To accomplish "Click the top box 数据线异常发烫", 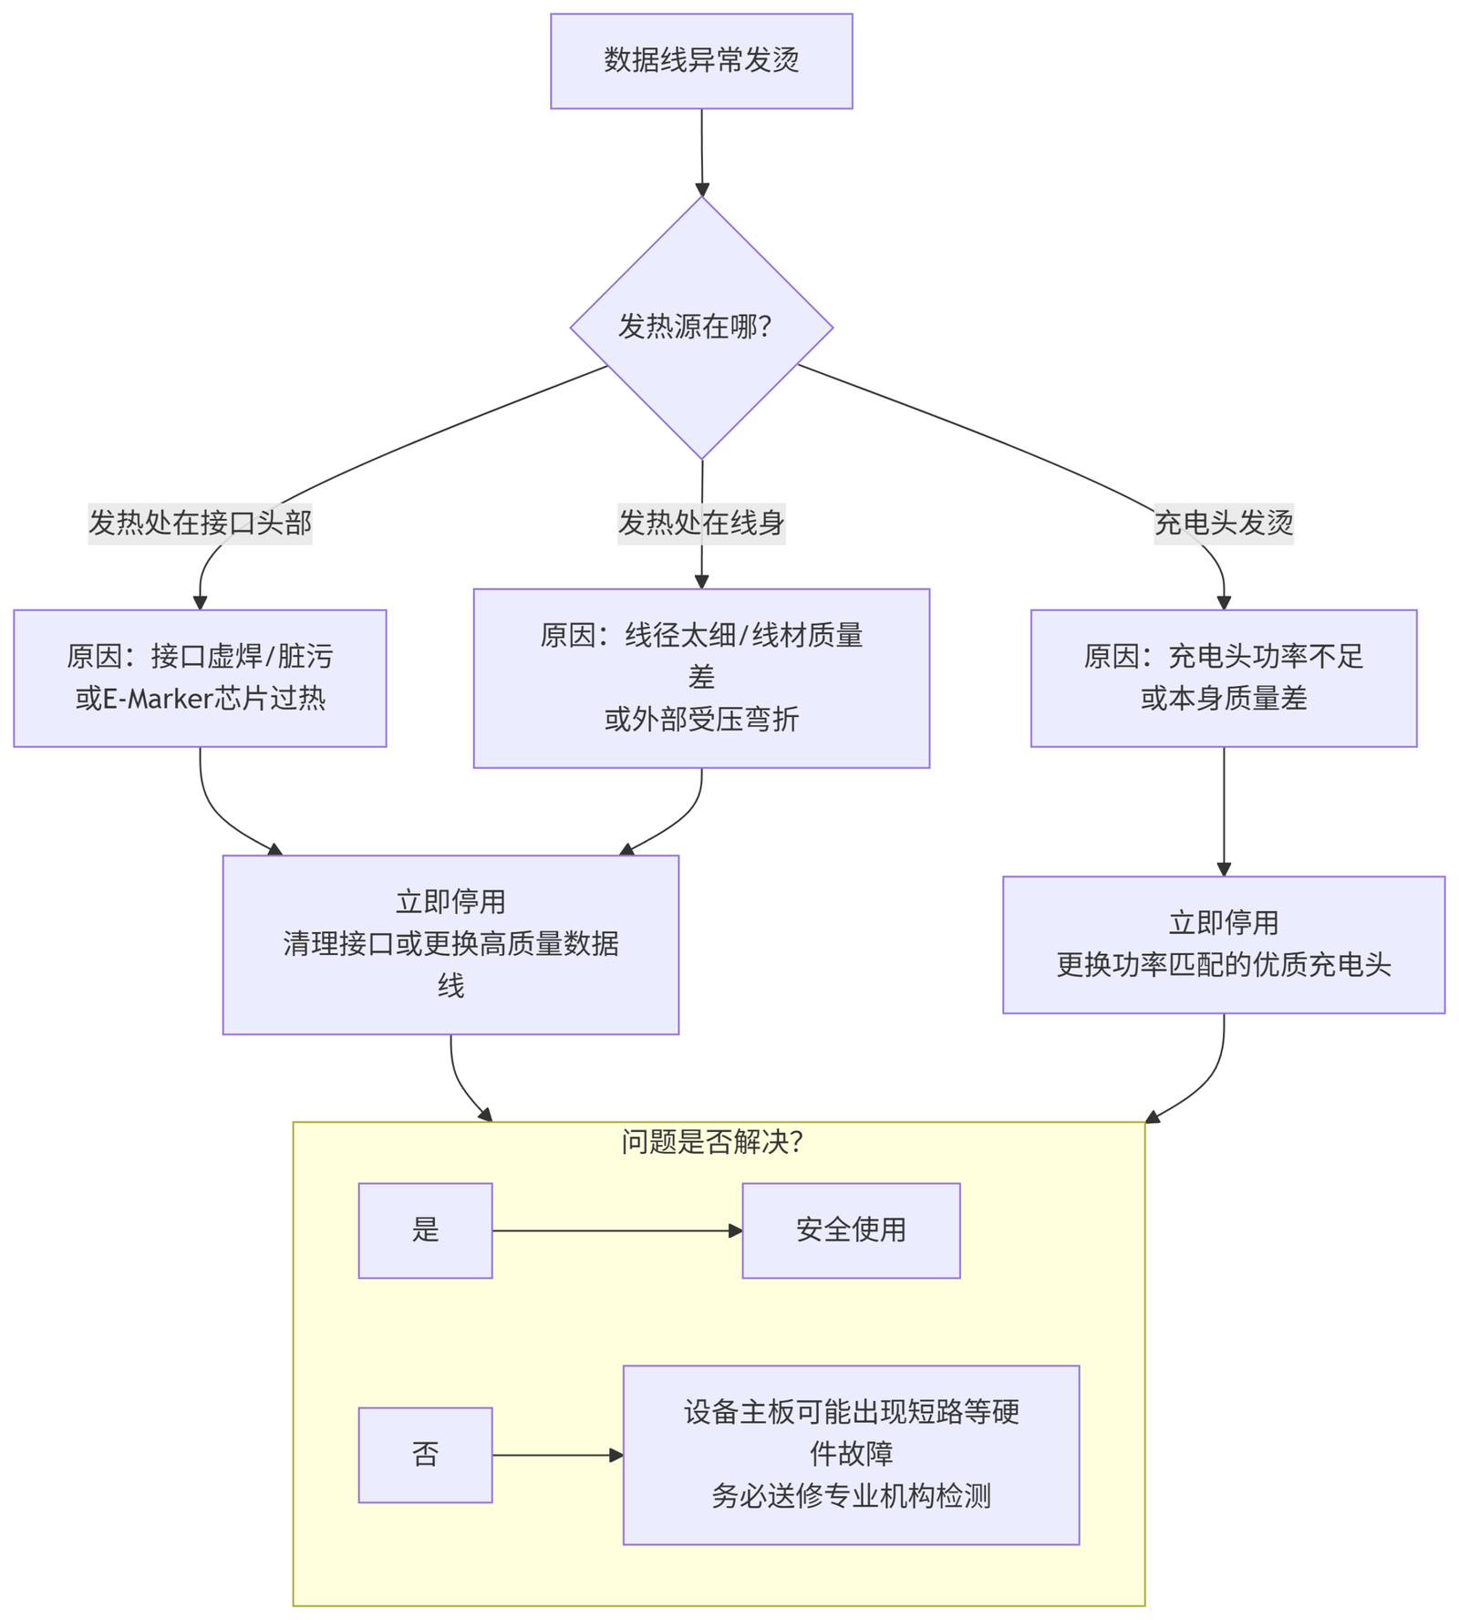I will pos(701,61).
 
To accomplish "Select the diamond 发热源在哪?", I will pos(701,327).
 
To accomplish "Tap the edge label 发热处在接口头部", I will pos(200,524).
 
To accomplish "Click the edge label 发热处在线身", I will pos(701,524).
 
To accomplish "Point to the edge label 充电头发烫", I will pos(1224,524).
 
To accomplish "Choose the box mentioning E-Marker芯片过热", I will pos(200,679).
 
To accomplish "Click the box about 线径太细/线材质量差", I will pos(701,678).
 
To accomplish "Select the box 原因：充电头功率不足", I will pos(1224,679).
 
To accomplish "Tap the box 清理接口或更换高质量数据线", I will pos(450,944).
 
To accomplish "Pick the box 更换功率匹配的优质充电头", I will pos(1224,945).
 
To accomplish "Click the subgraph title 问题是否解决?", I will pos(712,1142).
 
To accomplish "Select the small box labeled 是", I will pos(425,1231).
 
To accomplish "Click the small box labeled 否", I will pos(425,1455).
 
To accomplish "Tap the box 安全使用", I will pos(851,1231).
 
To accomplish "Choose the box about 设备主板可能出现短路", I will pos(851,1455).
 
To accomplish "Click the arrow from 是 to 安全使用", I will pos(616,1231).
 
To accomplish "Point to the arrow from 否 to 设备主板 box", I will pos(557,1455).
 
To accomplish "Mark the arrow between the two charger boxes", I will pos(1224,811).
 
